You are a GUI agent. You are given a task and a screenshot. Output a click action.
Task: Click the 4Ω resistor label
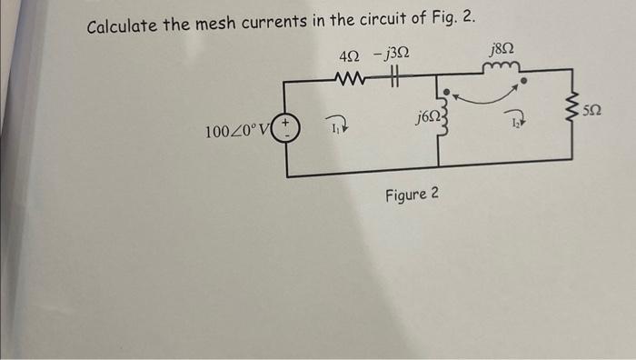tap(348, 57)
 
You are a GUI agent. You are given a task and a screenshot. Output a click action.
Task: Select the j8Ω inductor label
tap(502, 47)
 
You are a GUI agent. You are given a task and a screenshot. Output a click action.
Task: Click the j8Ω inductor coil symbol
tap(502, 66)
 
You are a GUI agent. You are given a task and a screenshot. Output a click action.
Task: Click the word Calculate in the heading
tap(123, 25)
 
